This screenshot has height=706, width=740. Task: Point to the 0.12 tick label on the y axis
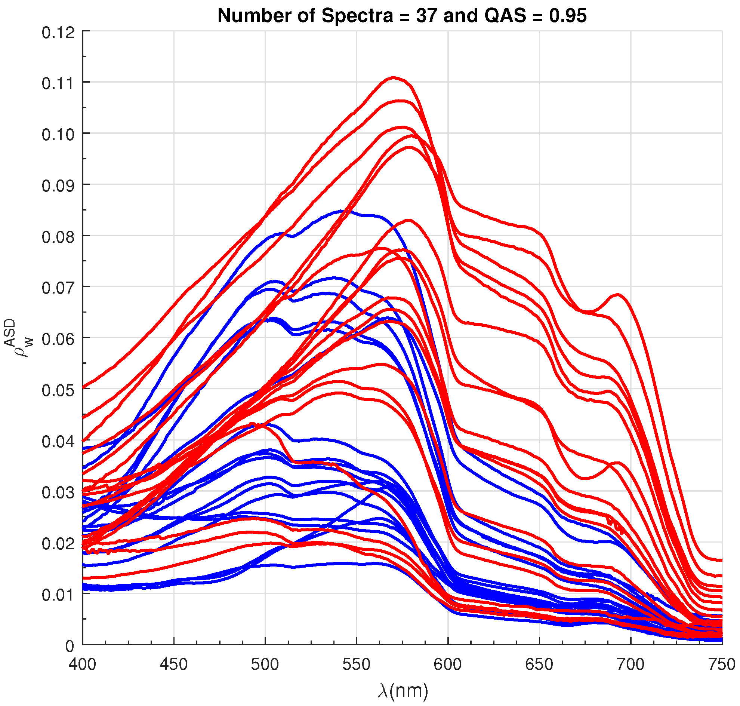[x=58, y=33]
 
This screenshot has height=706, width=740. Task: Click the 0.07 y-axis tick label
[x=58, y=288]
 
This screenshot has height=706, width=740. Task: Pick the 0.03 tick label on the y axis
[x=58, y=492]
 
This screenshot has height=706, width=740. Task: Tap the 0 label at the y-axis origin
[x=70, y=646]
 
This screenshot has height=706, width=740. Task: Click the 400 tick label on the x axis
[x=82, y=664]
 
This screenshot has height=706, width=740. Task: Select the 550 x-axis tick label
[x=356, y=664]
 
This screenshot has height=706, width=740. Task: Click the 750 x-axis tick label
[x=721, y=664]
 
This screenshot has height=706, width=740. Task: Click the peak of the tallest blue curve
[x=342, y=211]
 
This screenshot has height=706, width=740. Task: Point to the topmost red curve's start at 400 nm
[x=83, y=387]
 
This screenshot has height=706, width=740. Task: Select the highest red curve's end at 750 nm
[x=721, y=560]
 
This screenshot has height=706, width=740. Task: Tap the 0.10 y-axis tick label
[x=58, y=135]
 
